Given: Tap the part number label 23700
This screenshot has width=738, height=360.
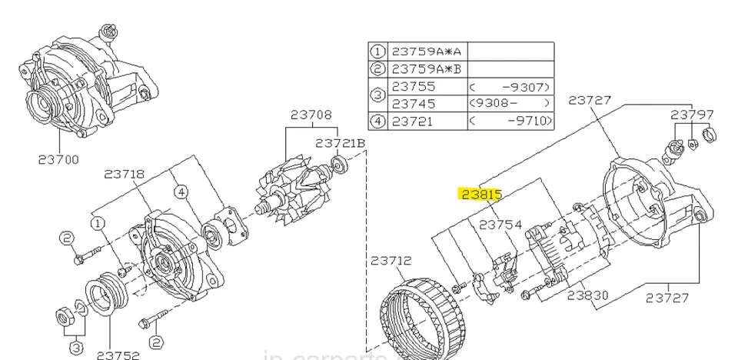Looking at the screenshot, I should (58, 161).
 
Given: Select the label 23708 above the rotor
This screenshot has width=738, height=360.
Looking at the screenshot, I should (311, 115).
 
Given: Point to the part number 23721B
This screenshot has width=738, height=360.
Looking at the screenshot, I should (340, 143).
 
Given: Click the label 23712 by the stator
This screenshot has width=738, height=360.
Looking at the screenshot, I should (391, 261).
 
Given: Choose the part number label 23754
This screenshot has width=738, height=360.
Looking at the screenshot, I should (500, 225).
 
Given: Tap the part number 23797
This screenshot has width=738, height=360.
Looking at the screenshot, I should (693, 114).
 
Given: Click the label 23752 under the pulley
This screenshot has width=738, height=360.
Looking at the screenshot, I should (118, 354).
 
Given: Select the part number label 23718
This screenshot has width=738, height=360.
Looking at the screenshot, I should (125, 174).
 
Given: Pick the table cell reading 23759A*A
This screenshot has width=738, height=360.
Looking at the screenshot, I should (427, 52).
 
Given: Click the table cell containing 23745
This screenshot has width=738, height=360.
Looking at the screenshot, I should (414, 103).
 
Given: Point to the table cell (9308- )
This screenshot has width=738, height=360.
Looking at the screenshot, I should (510, 103).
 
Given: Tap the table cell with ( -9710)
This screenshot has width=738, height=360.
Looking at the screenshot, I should (510, 120).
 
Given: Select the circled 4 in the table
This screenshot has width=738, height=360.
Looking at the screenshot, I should (377, 120).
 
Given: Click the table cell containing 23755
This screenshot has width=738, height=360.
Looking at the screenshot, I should (414, 86).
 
